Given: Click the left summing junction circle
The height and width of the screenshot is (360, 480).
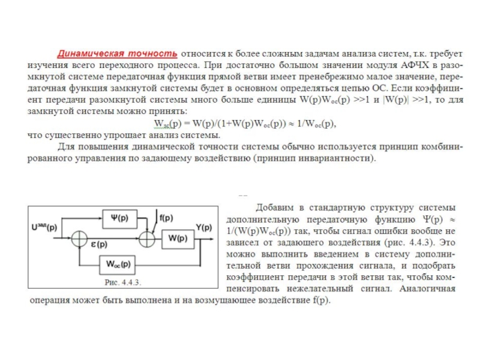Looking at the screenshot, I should coord(79,238).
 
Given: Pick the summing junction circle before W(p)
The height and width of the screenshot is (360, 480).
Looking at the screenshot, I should coord(146,238).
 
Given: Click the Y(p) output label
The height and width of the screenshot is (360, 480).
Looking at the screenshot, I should coord(204,227).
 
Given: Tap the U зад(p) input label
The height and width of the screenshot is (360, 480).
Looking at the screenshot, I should coord(44,227).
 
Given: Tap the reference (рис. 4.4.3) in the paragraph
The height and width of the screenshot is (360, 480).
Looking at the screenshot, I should coord(409,244).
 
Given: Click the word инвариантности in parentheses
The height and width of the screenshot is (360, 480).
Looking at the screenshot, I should coord(337,159).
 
